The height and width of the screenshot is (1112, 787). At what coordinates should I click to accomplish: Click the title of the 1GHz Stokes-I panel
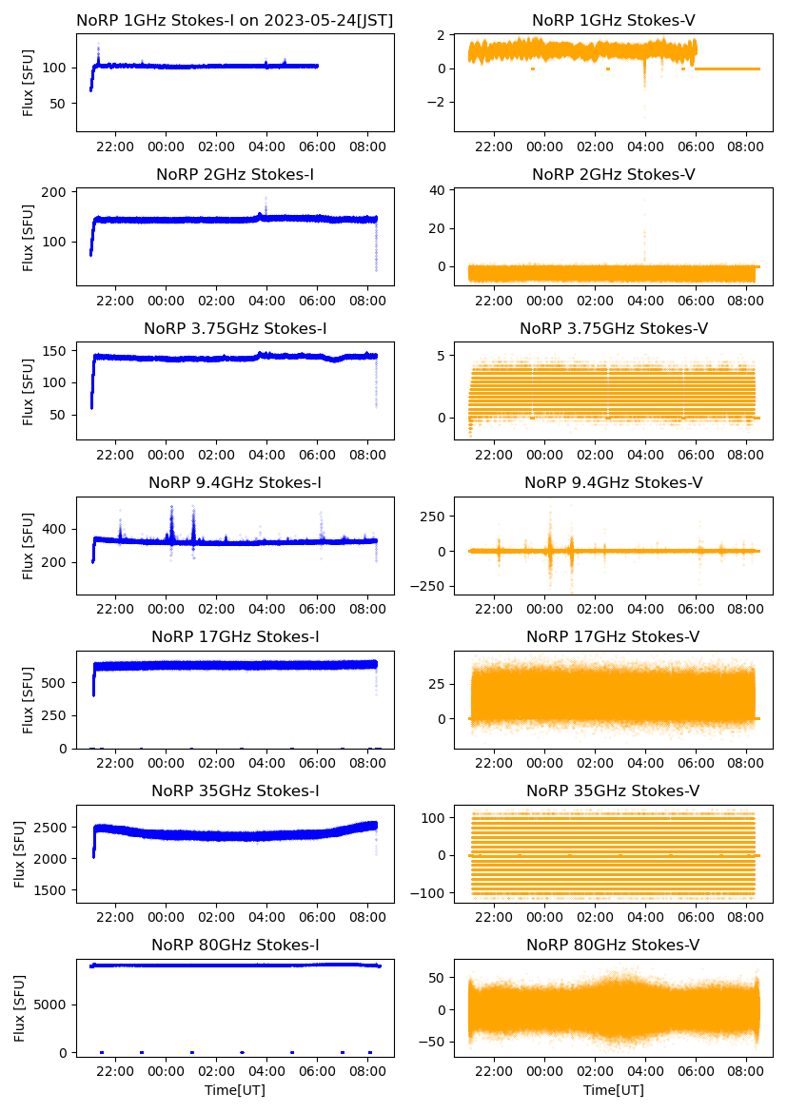coord(235,20)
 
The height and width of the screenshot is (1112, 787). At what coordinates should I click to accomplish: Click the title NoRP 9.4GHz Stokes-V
coord(613,483)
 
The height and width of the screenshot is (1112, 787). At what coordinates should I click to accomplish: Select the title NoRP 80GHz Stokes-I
coord(235,945)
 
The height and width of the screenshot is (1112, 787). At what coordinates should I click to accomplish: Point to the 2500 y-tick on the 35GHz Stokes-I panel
coord(52,827)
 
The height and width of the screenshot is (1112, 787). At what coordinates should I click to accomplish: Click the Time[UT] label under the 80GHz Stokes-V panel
coord(613,1090)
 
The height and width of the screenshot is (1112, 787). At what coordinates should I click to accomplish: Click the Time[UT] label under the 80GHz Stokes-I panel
coord(235,1090)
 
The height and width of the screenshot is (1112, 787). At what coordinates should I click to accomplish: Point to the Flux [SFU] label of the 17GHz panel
coord(29,699)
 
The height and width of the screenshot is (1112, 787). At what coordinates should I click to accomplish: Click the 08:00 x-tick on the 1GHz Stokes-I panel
coord(368,147)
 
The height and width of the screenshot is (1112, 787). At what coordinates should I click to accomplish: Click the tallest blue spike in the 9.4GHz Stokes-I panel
coord(171,507)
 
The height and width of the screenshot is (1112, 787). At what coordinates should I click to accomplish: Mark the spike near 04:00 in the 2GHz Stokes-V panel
coord(645,205)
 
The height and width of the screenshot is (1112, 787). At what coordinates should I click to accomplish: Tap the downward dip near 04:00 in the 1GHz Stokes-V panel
coord(644,82)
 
